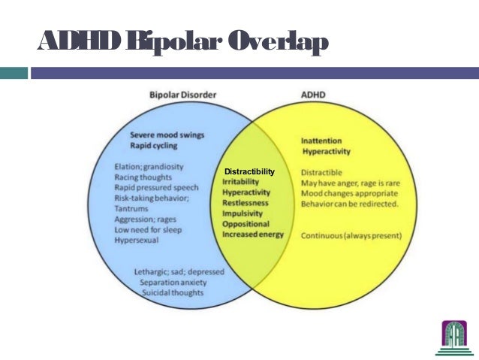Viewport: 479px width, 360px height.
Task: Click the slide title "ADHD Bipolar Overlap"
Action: click(182, 43)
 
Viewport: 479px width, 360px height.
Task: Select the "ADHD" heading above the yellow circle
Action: click(310, 95)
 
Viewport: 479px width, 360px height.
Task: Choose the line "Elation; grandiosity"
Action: click(149, 166)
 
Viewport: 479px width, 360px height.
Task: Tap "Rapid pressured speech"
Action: click(156, 187)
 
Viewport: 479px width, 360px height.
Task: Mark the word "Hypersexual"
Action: click(137, 241)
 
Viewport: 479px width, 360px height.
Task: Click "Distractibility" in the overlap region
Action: click(245, 173)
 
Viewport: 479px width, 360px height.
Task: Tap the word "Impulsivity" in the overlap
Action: click(243, 213)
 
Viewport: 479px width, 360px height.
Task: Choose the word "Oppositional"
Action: click(246, 224)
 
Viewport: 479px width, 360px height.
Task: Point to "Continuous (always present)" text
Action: click(351, 236)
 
